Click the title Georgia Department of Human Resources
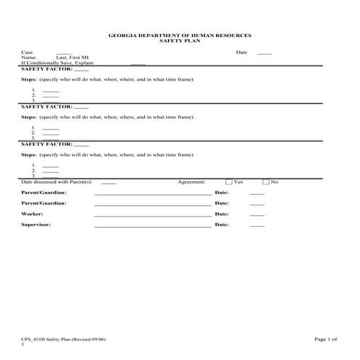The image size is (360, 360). coord(180,36)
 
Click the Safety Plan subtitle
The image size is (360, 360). coord(180,41)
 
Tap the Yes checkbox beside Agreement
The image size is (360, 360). coord(229,182)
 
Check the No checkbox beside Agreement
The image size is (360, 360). coord(266,182)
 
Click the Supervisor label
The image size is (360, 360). coord(36,225)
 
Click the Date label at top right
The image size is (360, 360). coord(241,52)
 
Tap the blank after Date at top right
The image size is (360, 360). coord(264,53)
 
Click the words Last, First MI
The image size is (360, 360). coord(73,57)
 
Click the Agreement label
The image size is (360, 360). coord(192,182)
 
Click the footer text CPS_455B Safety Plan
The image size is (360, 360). coord(58,339)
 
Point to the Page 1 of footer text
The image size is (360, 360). coord(326,339)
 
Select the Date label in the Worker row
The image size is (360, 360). coord(222,215)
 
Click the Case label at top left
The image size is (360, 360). coord(28,52)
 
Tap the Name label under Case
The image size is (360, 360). coord(28,57)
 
